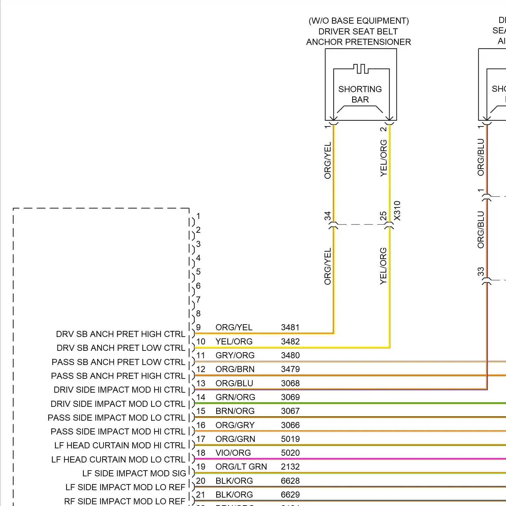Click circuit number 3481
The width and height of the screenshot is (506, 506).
click(x=290, y=327)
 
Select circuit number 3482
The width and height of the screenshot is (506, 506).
click(x=290, y=341)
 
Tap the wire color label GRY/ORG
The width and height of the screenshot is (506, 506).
click(x=235, y=355)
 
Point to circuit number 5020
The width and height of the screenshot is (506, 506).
click(x=290, y=453)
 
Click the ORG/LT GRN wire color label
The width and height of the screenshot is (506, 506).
click(x=241, y=467)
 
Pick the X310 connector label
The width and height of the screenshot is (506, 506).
click(x=397, y=210)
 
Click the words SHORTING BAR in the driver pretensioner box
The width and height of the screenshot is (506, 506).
click(x=360, y=94)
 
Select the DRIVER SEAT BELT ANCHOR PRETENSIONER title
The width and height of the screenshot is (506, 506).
click(x=358, y=31)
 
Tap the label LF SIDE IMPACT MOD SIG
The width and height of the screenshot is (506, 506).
click(x=134, y=473)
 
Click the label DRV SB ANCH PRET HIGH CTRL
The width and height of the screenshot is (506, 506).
click(x=120, y=334)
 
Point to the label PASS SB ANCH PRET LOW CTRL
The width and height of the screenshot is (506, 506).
click(x=118, y=362)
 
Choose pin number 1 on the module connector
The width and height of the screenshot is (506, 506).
click(x=198, y=216)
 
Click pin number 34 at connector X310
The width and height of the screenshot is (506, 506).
click(x=328, y=216)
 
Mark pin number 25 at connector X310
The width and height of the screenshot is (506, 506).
click(x=383, y=216)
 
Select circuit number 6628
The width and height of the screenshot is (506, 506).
click(x=290, y=481)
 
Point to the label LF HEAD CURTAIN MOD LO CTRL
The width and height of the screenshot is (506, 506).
click(x=118, y=459)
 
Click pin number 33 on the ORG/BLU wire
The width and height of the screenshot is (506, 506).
click(x=481, y=272)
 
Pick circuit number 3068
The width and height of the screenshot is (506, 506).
click(x=290, y=383)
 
